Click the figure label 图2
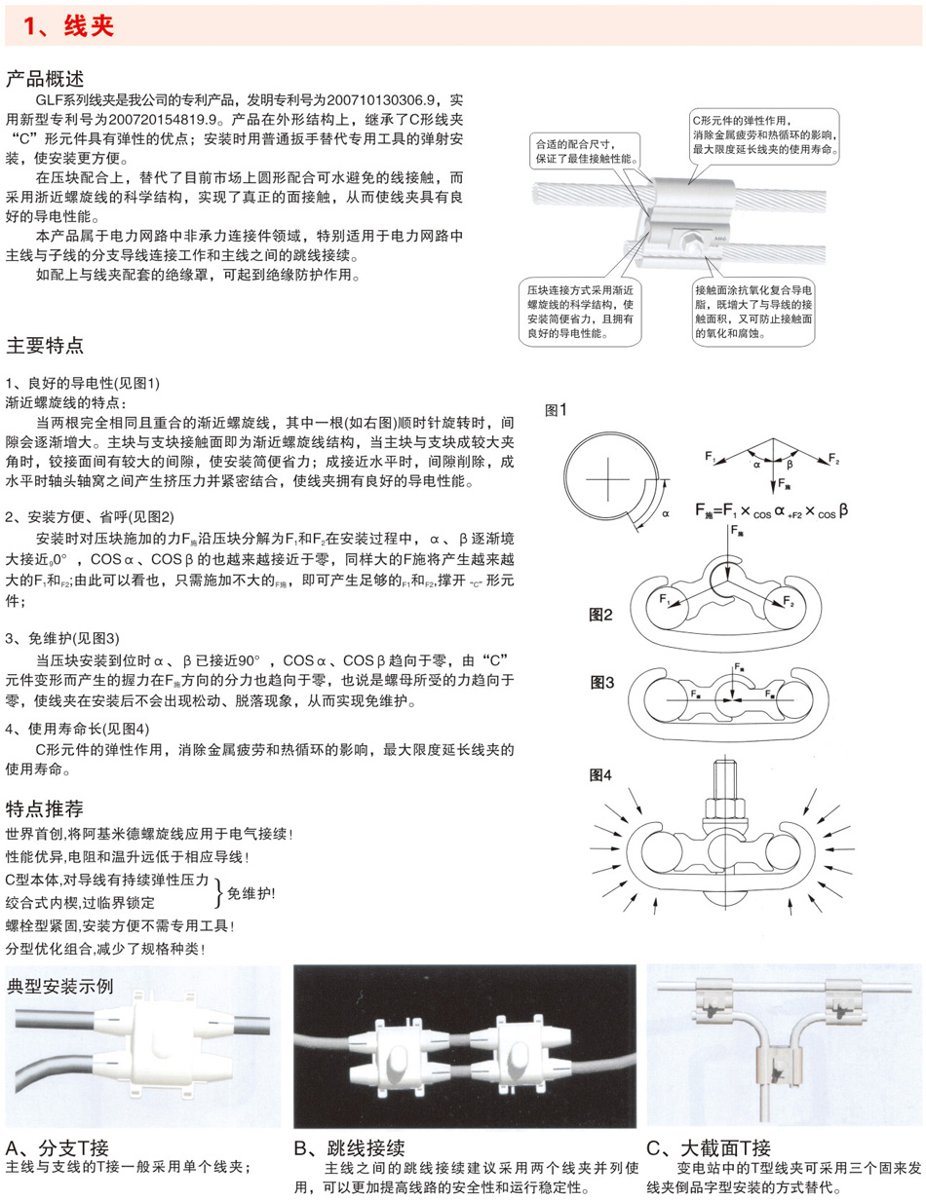pyautogui.click(x=600, y=615)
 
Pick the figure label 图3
pyautogui.click(x=600, y=683)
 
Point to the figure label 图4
pyautogui.click(x=600, y=775)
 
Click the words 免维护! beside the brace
pyautogui.click(x=251, y=891)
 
